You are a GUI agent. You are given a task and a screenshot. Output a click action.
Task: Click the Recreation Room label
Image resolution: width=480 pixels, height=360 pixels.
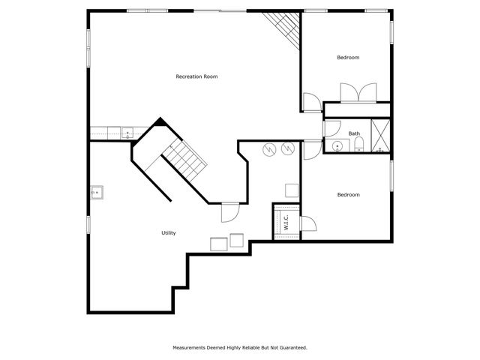click(196, 76)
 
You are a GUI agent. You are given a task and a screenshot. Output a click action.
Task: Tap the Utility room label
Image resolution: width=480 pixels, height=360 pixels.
click(169, 233)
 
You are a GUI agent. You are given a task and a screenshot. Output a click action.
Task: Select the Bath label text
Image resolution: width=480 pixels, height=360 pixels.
click(354, 134)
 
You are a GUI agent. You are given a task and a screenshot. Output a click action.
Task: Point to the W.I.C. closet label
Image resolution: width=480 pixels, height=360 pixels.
click(286, 223)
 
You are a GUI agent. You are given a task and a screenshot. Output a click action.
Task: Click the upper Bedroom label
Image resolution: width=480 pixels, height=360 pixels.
click(348, 58)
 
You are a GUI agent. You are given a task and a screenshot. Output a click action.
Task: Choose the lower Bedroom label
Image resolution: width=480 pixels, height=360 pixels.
click(348, 195)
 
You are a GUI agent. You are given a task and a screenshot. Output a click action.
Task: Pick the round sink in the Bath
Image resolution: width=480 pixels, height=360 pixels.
click(337, 145)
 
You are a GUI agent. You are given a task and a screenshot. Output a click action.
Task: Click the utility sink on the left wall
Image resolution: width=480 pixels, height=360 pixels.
click(97, 192)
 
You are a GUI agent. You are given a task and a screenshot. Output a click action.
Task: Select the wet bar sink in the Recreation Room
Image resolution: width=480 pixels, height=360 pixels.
click(127, 133)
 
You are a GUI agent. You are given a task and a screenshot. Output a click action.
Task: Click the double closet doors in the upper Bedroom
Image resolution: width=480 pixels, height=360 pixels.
click(358, 93)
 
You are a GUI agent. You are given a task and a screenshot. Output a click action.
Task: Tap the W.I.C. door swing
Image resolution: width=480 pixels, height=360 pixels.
click(306, 224)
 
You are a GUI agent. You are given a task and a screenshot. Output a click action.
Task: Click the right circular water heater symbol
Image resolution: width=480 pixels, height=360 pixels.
click(287, 150)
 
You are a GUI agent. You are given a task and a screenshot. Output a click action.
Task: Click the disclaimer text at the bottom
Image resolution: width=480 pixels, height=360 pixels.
click(239, 348)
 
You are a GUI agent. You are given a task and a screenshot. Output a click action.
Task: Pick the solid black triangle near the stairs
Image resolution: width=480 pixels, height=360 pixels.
click(160, 122)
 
